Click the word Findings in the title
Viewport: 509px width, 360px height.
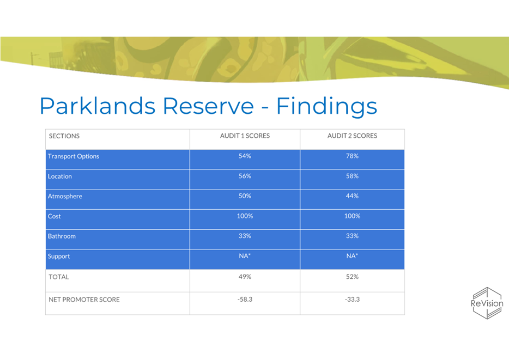point(326,106)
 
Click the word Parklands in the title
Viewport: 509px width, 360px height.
point(98,106)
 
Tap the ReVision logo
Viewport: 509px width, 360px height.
point(487,303)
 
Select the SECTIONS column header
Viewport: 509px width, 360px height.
point(64,136)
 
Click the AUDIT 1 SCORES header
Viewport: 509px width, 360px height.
point(245,136)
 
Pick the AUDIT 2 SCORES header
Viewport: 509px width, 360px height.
point(352,136)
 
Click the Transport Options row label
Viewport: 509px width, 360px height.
point(74,156)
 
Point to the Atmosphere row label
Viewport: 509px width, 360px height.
point(65,196)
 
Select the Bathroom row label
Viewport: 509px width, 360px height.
point(62,236)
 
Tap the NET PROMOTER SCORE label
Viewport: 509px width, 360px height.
point(84,300)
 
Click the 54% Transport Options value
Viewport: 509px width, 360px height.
point(245,156)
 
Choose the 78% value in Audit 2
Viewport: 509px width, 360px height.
point(352,156)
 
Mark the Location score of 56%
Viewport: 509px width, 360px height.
point(245,176)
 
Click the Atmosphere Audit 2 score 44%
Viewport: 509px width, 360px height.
point(352,196)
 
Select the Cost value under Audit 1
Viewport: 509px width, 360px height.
point(245,216)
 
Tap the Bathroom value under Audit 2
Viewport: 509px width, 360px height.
point(352,236)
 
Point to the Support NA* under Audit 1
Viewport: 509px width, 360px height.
point(245,256)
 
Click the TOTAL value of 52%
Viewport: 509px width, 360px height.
point(352,277)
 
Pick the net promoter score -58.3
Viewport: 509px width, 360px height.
point(245,300)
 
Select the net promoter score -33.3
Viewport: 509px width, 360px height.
point(352,300)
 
